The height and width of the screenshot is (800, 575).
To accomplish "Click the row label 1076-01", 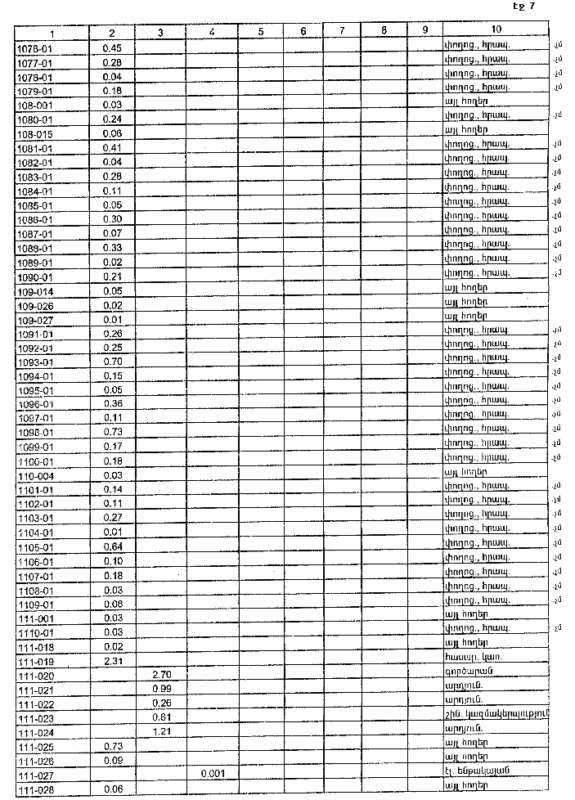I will click(34, 48).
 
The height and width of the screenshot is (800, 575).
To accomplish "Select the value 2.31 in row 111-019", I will click(113, 660).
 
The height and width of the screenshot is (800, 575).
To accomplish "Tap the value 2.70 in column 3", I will click(160, 675).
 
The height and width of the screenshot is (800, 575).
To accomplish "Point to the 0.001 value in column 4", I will click(212, 772).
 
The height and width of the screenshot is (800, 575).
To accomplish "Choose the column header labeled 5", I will click(260, 33).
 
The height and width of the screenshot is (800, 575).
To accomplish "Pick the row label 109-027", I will click(35, 320).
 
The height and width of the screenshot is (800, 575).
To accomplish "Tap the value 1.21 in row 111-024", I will click(160, 731).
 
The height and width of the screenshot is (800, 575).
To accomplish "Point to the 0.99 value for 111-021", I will click(160, 689).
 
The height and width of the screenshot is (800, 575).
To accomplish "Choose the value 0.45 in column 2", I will click(113, 48).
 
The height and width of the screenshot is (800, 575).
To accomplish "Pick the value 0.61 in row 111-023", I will click(160, 717).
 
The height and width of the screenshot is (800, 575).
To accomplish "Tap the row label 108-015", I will click(35, 133).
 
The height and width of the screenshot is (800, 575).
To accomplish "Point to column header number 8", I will click(383, 33).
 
